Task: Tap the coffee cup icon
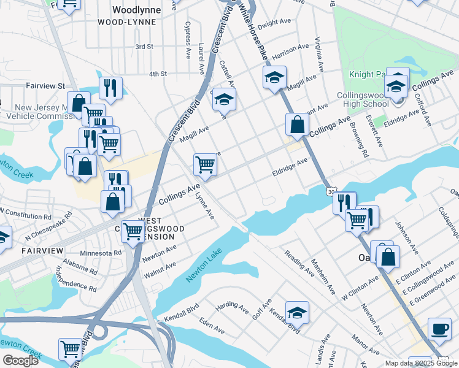point(439,328)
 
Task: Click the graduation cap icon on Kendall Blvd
point(298,313)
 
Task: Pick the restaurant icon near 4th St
point(110,88)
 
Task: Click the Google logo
point(20,361)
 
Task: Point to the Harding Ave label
point(230,304)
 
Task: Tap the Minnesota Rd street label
point(101,253)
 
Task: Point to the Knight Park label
point(368,74)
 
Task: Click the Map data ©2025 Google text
point(421,363)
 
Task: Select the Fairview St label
point(45,86)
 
